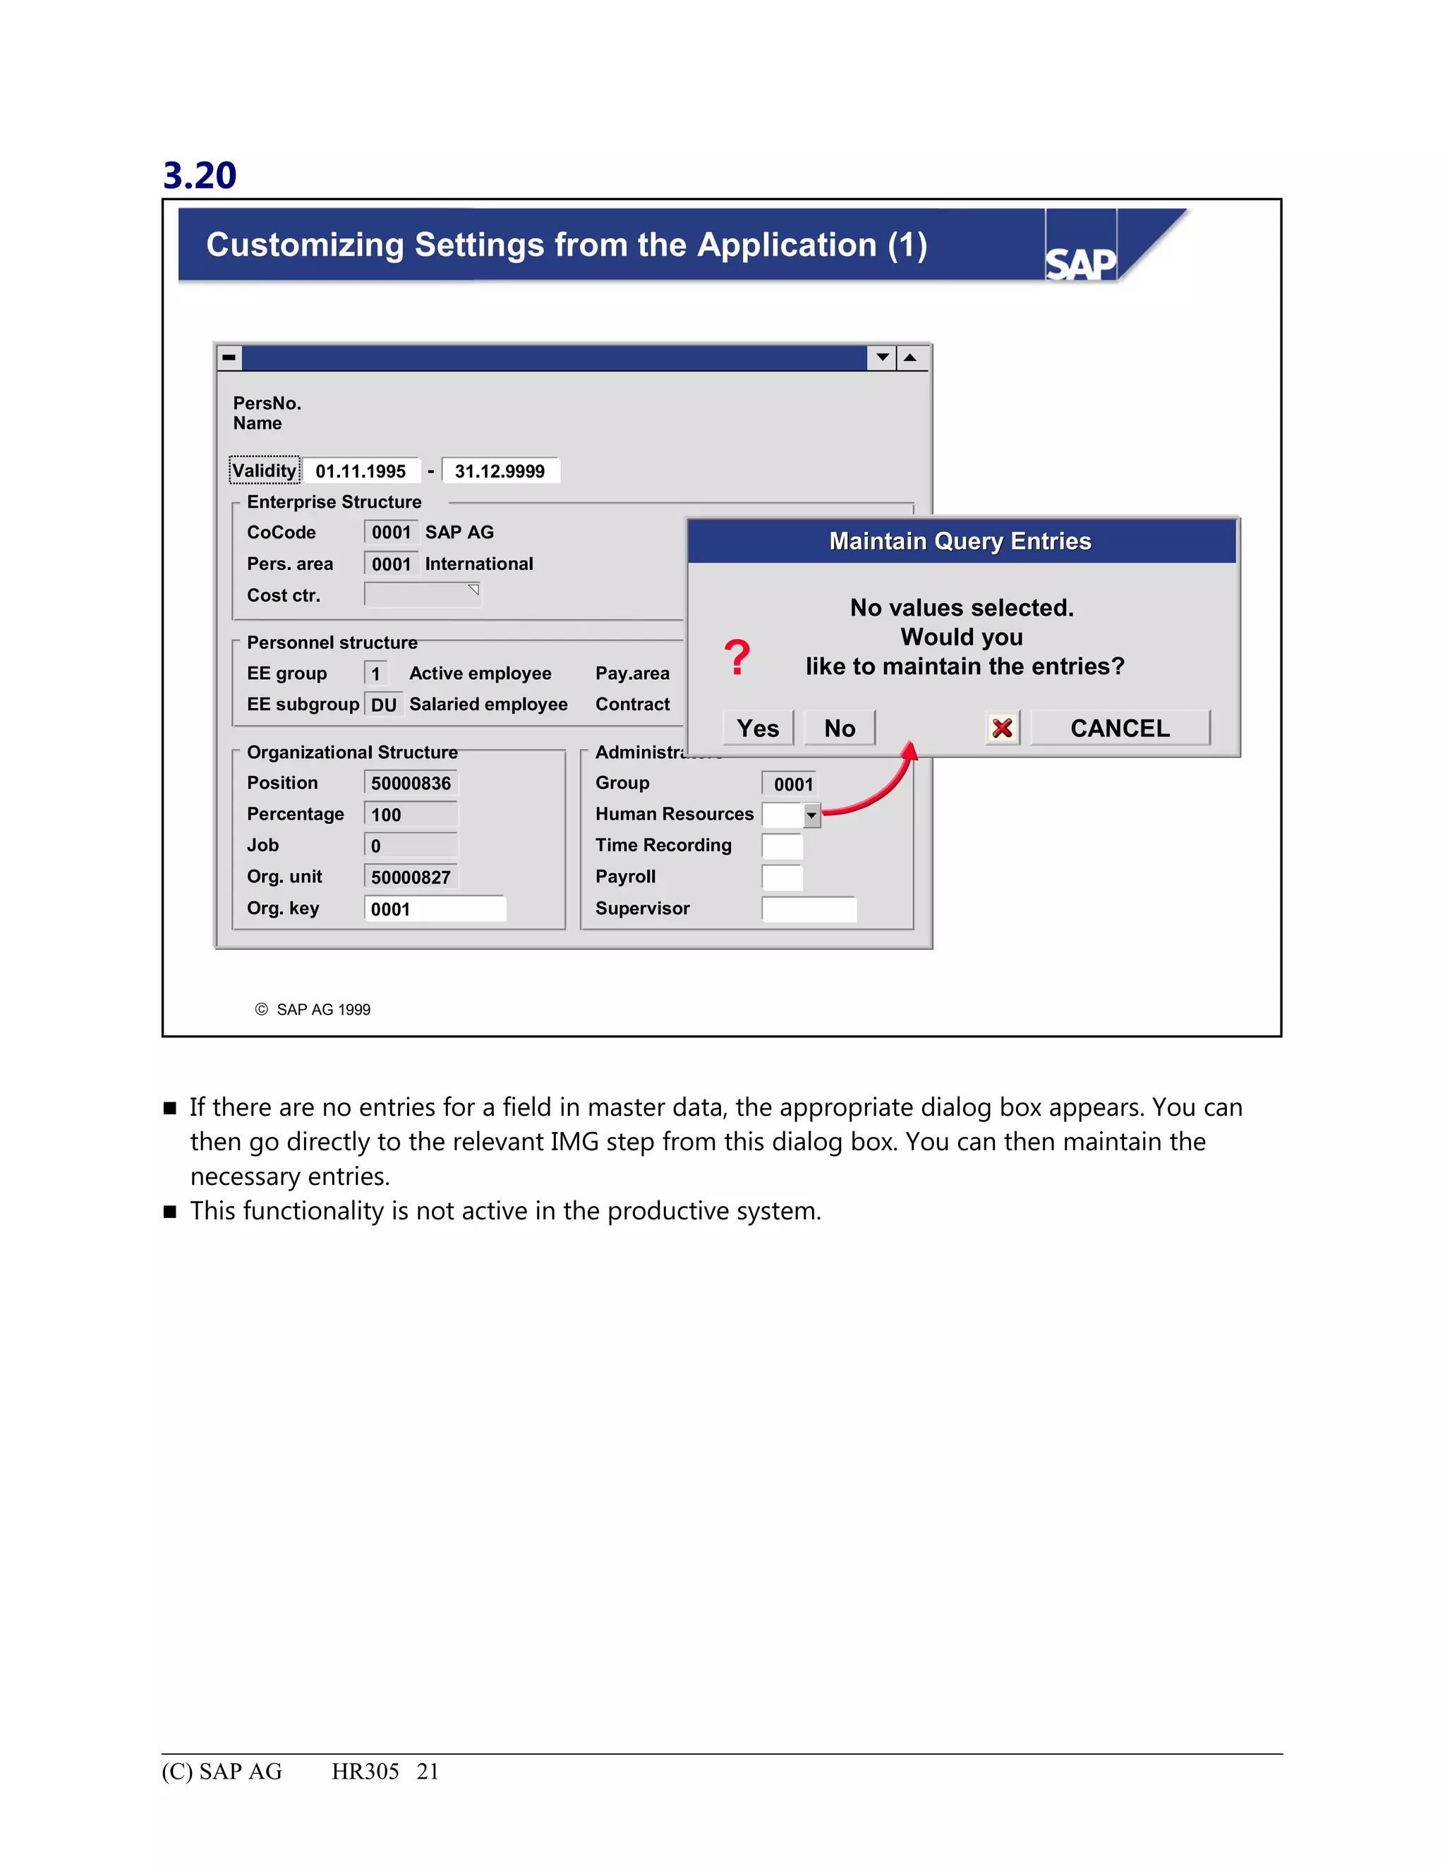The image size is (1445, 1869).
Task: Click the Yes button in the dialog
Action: (x=758, y=729)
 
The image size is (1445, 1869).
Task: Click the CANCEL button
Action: (x=1120, y=729)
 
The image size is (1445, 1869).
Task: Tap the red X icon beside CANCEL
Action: (x=1002, y=729)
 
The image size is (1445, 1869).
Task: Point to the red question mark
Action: (x=736, y=657)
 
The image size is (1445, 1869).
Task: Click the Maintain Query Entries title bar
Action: (x=960, y=541)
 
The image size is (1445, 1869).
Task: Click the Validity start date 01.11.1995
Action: (x=361, y=470)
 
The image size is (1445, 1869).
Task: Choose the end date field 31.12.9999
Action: (x=500, y=470)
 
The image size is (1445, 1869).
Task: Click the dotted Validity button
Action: (x=265, y=470)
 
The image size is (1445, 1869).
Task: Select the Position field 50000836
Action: (x=411, y=783)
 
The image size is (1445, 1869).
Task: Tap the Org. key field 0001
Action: (x=435, y=909)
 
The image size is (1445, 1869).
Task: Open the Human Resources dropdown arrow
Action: (x=811, y=815)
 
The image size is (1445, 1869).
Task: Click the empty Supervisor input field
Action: (x=808, y=909)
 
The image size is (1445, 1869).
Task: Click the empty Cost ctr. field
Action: (x=421, y=594)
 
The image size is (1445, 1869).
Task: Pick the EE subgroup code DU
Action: (x=384, y=705)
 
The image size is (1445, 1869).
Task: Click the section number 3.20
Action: (x=200, y=176)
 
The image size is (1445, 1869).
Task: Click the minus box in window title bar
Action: (x=229, y=357)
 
